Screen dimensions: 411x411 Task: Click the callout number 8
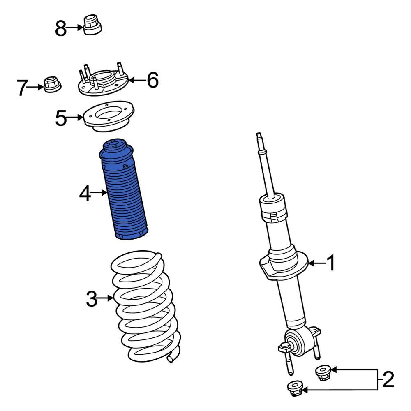(x=60, y=29)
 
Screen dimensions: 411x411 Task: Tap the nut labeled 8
(x=92, y=25)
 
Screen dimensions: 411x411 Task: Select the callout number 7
(x=23, y=88)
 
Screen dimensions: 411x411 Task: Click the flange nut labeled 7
(x=52, y=84)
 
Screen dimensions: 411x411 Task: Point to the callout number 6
(x=152, y=80)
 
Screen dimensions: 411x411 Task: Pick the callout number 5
(x=60, y=119)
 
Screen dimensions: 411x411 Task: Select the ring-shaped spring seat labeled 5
(x=109, y=117)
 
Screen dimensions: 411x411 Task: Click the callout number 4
(x=85, y=194)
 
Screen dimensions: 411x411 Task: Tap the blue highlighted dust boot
(x=126, y=193)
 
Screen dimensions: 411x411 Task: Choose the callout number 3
(x=92, y=299)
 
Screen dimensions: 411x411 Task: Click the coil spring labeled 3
(x=144, y=308)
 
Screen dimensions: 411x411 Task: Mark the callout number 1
(x=330, y=263)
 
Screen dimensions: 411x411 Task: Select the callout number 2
(x=388, y=379)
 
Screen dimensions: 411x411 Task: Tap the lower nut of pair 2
(x=295, y=388)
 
